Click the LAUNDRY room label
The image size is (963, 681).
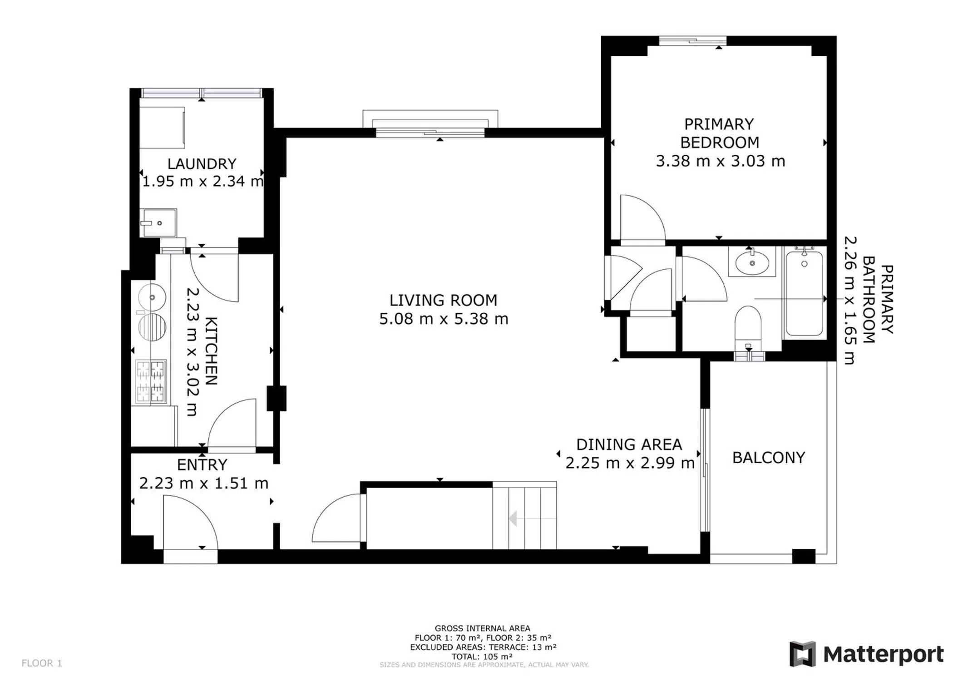(202, 163)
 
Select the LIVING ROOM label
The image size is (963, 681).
(443, 300)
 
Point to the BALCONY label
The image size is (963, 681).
(769, 457)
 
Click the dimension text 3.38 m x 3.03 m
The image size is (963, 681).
(720, 161)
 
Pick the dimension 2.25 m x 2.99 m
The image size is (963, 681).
(630, 463)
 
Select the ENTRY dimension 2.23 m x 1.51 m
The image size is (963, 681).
(203, 483)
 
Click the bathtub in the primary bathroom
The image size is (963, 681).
(804, 293)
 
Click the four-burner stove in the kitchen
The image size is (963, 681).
(151, 381)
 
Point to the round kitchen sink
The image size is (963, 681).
(152, 297)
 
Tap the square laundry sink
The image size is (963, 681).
(158, 223)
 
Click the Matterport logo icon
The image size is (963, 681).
(802, 654)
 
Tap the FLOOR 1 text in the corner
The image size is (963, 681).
(42, 663)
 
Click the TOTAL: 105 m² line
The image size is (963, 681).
(482, 656)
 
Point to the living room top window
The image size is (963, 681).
(430, 133)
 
